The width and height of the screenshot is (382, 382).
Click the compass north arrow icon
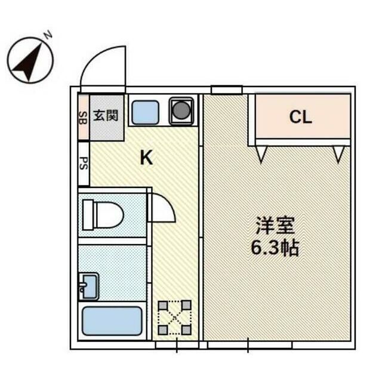click(x=30, y=60)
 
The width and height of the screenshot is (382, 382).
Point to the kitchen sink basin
click(x=144, y=111)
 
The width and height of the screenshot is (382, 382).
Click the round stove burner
click(x=181, y=110)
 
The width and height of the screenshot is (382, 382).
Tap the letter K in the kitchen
click(x=146, y=158)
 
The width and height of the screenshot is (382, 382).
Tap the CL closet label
click(x=301, y=117)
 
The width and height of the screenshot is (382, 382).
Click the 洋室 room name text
click(x=275, y=226)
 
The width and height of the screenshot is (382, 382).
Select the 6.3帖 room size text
click(x=275, y=247)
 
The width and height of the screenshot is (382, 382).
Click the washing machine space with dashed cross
click(x=174, y=317)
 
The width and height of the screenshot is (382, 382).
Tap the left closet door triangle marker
click(x=261, y=155)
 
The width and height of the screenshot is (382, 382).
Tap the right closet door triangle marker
click(x=339, y=155)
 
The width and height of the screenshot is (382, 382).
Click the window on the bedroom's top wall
click(x=226, y=90)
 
